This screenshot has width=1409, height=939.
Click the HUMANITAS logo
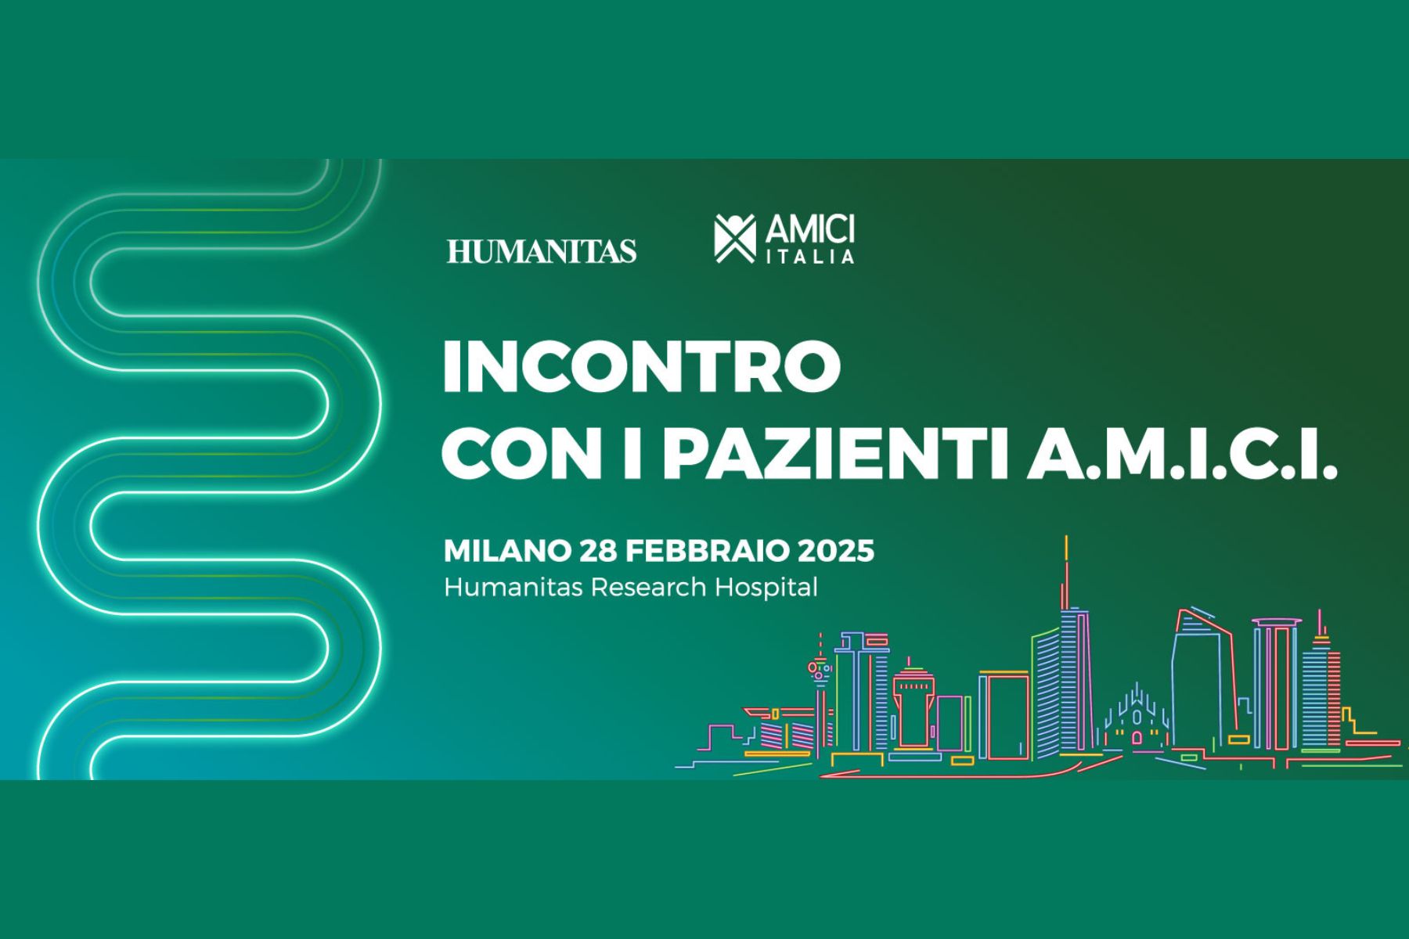[x=542, y=250]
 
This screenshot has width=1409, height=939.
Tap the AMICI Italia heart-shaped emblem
[x=735, y=238]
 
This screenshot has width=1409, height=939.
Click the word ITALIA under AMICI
[x=809, y=256]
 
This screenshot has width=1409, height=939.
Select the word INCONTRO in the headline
[x=642, y=366]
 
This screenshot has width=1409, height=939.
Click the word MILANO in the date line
[x=508, y=551]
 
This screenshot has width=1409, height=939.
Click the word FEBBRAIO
[x=708, y=551]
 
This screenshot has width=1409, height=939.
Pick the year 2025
[x=836, y=551]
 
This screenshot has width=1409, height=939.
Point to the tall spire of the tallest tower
[x=1066, y=571]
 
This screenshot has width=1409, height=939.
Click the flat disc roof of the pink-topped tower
[x=1276, y=623]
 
